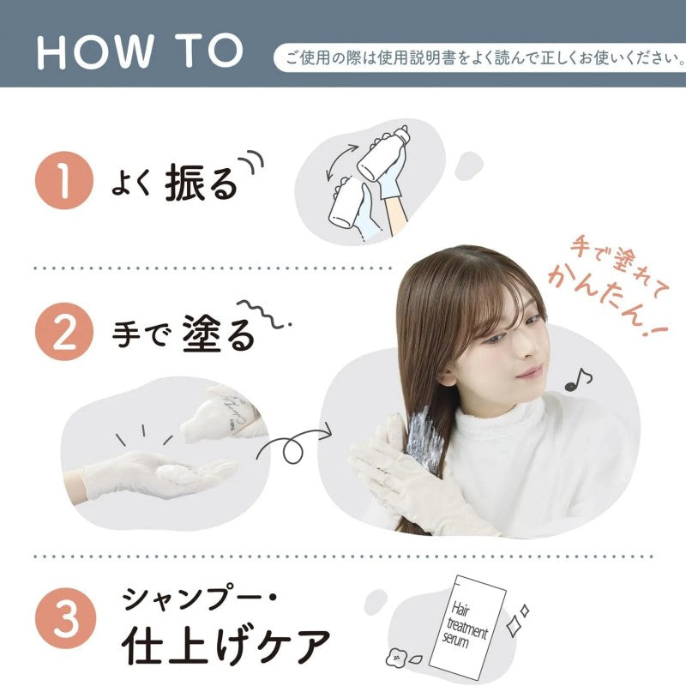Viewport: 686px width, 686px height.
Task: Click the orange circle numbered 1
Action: coord(63,180)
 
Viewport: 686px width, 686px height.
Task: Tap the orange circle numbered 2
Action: coord(63,331)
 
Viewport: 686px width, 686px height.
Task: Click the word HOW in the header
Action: coord(95,51)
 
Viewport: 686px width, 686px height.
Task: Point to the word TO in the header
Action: coord(209,51)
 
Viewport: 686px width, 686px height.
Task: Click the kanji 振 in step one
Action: coord(184,183)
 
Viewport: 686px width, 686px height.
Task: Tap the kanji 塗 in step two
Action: coord(202,334)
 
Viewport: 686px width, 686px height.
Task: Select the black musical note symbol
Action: coord(577,379)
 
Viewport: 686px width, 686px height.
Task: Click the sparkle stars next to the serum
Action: coord(517,620)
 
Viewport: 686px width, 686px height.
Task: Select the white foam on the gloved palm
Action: coord(175,473)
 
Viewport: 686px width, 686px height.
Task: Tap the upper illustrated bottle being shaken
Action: coord(383,154)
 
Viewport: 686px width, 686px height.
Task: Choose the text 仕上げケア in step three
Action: coord(226,646)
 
